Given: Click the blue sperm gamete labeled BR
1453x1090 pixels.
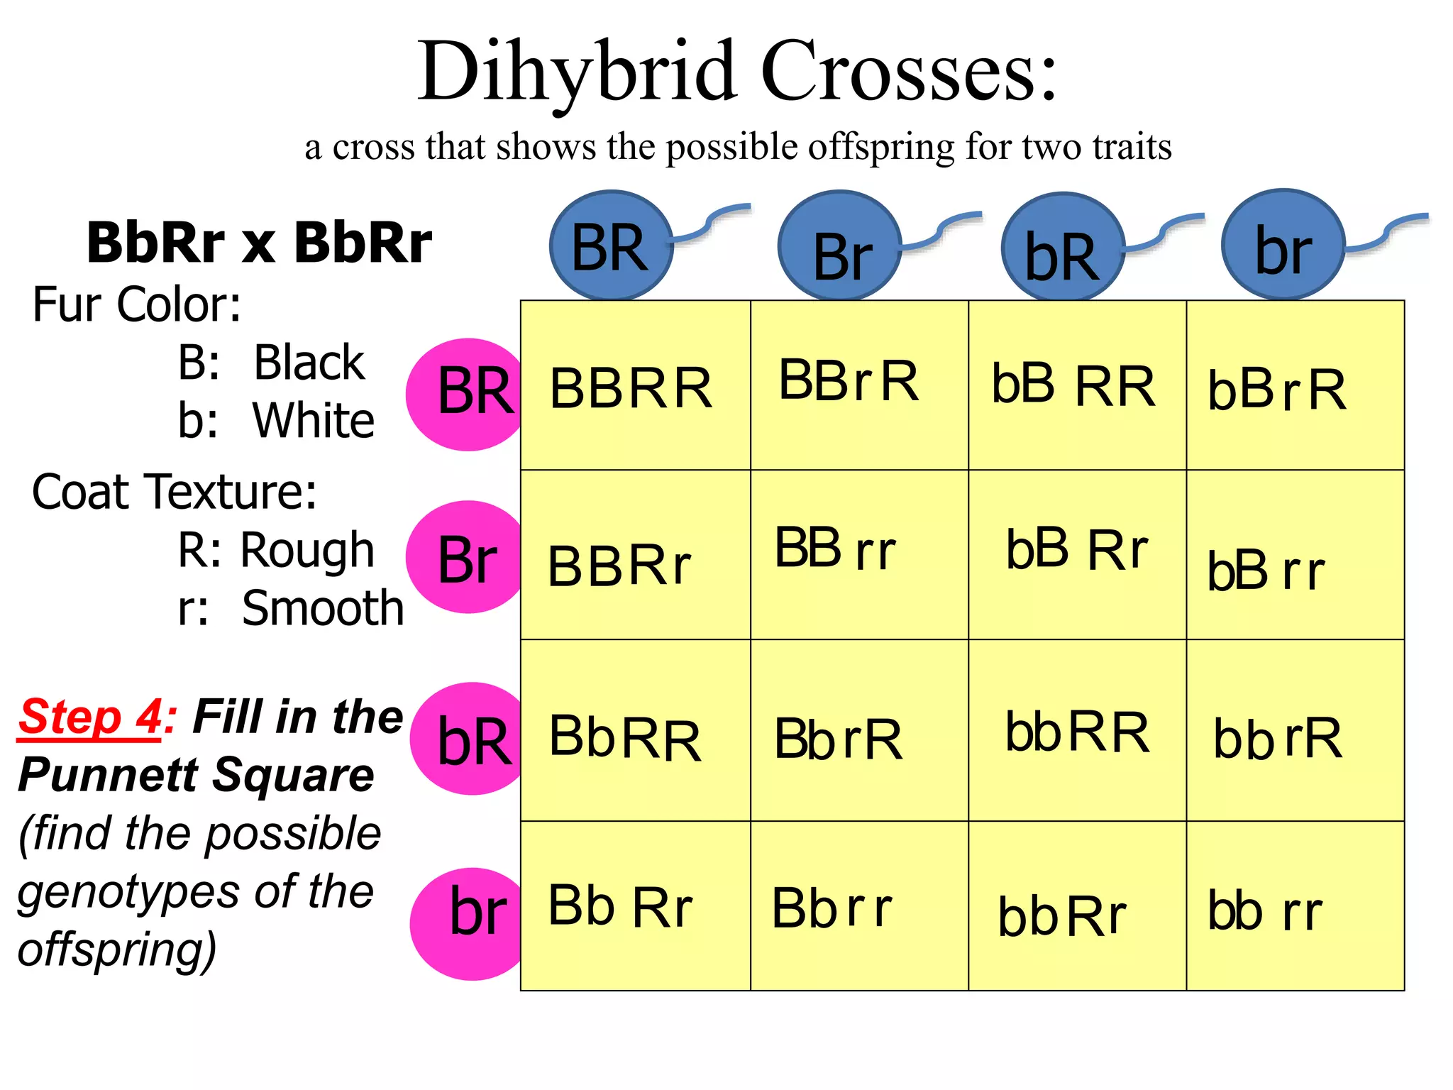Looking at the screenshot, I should point(611,246).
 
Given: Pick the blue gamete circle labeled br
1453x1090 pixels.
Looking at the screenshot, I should point(1283,245).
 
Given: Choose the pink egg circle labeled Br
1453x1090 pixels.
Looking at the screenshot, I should point(465,557).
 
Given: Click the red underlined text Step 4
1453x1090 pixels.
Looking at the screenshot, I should point(90,717).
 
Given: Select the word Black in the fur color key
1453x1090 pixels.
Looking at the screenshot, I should point(309,363).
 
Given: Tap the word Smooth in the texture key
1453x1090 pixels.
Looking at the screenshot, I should point(322,608).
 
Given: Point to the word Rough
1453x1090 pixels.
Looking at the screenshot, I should point(307,550).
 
